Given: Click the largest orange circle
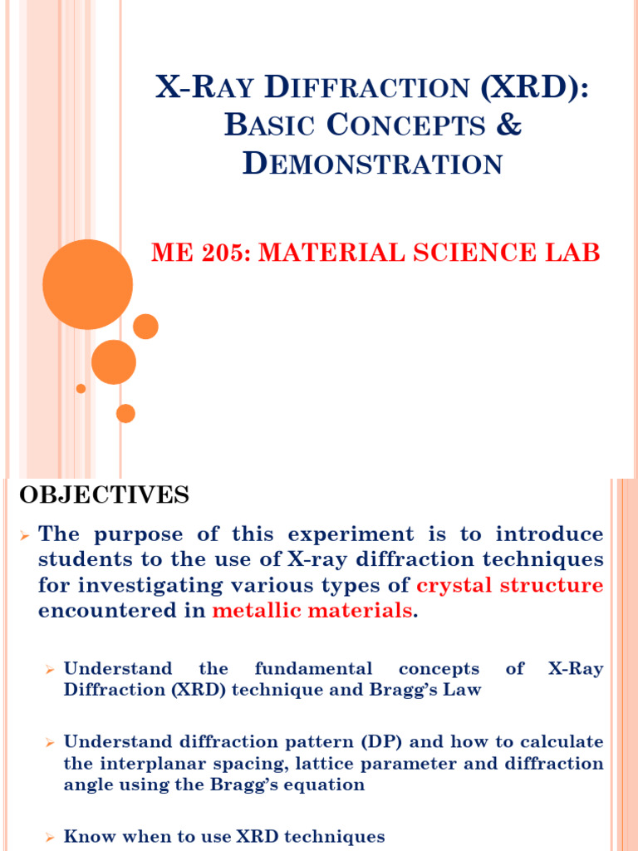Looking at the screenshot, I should pos(87,284).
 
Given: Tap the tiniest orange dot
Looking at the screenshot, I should pos(81,388).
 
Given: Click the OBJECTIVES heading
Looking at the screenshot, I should pos(104,496).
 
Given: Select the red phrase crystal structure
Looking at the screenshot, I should pos(509,585).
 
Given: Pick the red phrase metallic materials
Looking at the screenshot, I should pos(312,611).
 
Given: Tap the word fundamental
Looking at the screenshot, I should pos(313,668).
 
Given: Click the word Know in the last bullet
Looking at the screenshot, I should pos(86,836).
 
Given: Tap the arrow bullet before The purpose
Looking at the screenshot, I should pos(24,534).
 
